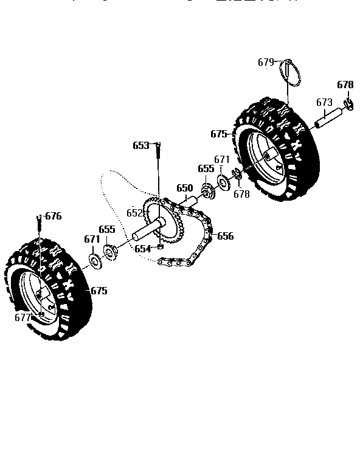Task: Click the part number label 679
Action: coord(266,61)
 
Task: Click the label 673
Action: coord(324,103)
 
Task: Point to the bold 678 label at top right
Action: coord(345,85)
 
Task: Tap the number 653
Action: coord(140,145)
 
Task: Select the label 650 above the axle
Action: coord(184,189)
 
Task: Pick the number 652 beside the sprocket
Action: coord(134,213)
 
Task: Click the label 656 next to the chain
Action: coord(225,236)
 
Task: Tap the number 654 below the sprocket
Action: coord(143,249)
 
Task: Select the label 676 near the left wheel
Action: coord(54,216)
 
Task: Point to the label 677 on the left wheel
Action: coord(22,317)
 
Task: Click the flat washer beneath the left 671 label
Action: coord(95,261)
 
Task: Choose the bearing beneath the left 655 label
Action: coord(111,251)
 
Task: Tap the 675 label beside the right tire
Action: coord(219,134)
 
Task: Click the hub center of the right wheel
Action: coord(268,157)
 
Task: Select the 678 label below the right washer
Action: coord(241,194)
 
